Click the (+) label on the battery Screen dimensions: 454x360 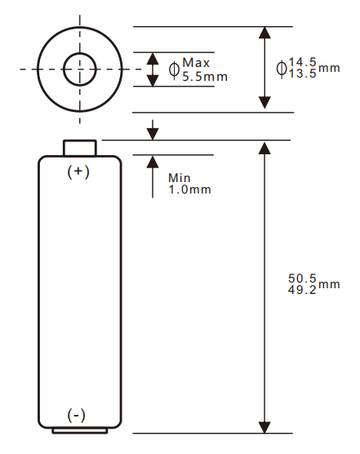pos(78,172)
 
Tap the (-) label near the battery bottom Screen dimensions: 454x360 pos(76,416)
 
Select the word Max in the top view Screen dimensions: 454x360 pos(196,63)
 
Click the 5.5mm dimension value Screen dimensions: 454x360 pos(205,76)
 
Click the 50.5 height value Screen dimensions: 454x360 pos(302,278)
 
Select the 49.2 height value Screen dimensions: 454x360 pos(302,290)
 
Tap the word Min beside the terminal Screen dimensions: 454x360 pos(179,177)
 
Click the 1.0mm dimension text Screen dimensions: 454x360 pos(189,189)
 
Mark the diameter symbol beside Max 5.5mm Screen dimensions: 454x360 pos(174,69)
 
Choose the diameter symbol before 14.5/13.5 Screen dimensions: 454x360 pos(282,68)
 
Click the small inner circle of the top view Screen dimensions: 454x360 pos(80,69)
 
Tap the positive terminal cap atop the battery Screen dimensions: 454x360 pos(80,148)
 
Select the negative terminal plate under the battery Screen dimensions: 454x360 pos(79,430)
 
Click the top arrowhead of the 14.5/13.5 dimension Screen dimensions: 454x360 pos(264,33)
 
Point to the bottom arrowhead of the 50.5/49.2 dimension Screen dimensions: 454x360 pos(264,427)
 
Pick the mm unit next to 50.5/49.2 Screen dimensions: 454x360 pos(329,284)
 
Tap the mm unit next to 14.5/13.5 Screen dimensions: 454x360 pos(329,68)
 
